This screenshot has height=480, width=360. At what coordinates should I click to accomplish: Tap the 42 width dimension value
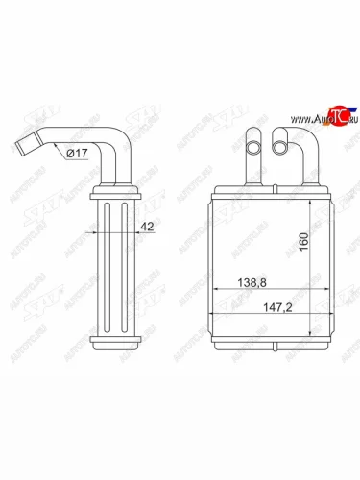(147, 228)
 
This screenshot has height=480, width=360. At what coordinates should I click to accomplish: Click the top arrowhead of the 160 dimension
(308, 204)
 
